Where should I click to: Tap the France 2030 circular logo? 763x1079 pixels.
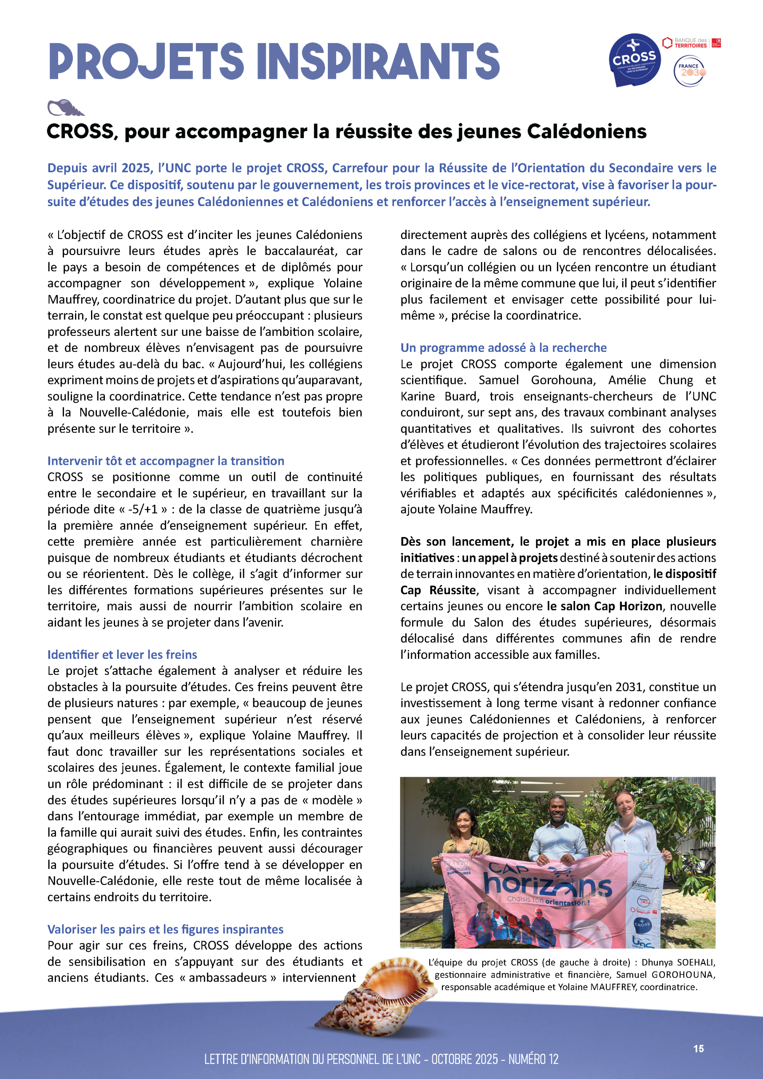(x=689, y=71)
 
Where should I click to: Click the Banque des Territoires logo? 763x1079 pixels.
(x=691, y=43)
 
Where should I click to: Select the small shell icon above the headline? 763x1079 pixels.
(x=65, y=107)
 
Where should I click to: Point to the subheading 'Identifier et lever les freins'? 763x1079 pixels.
(x=122, y=655)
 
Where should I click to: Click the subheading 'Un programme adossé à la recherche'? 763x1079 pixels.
(x=503, y=348)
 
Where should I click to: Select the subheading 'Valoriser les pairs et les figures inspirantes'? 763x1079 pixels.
(x=166, y=929)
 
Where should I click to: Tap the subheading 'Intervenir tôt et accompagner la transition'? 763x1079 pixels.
(x=166, y=461)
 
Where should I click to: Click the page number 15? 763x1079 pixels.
(x=699, y=1049)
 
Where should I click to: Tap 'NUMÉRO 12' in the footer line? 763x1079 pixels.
(x=533, y=1059)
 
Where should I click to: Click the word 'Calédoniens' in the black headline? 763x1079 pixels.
(x=587, y=132)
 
